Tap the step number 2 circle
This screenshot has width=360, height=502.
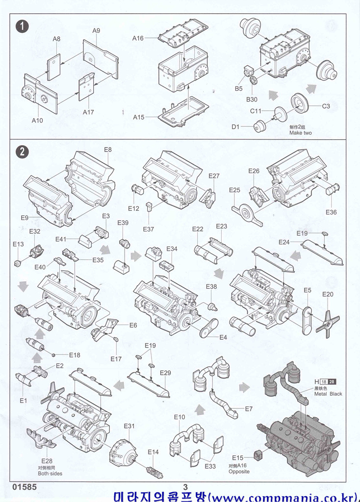tap(22, 152)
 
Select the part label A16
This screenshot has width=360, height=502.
tap(138, 38)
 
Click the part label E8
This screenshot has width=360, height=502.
tap(108, 150)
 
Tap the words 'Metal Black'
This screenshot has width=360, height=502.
tap(329, 394)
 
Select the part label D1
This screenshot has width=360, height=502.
tap(235, 127)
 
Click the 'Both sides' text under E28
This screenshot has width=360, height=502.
tap(50, 474)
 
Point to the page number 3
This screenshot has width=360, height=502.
tap(185, 487)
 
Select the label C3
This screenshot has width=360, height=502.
tap(326, 106)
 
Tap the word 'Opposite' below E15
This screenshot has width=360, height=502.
tap(239, 472)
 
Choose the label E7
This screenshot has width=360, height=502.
tap(249, 408)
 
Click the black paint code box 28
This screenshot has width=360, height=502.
tap(333, 382)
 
